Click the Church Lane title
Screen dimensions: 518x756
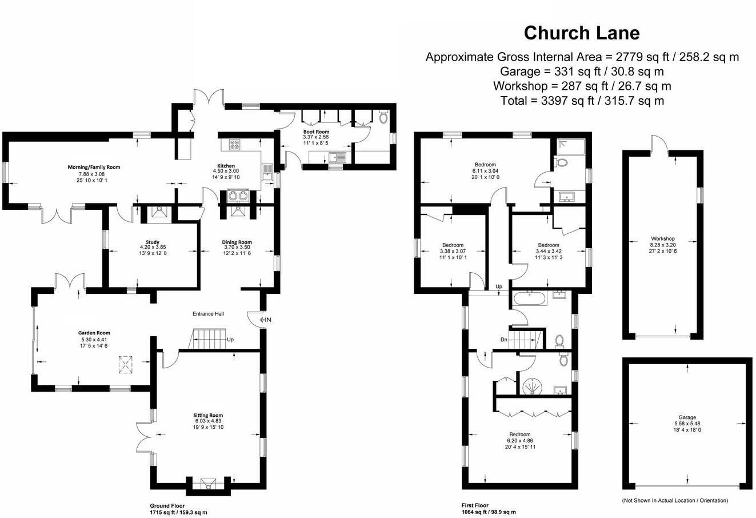point(582,33)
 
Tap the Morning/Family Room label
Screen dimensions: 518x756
point(94,167)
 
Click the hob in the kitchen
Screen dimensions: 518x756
point(235,144)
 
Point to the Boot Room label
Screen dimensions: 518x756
point(316,132)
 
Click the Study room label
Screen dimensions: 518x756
point(153,242)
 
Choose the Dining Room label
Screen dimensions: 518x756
point(237,242)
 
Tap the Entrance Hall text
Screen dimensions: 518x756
point(208,314)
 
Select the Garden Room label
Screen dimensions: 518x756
point(94,333)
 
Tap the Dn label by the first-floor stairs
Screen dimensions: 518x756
point(503,340)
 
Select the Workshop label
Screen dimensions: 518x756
point(663,239)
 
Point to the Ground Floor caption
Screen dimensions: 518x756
point(167,506)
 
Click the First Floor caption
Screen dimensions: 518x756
point(475,506)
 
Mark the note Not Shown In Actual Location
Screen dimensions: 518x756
point(675,500)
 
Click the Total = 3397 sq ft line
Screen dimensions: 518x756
point(582,101)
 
